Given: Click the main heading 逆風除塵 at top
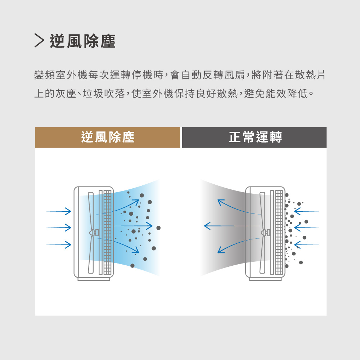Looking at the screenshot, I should pos(82,41).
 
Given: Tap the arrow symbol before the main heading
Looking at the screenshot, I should pos(39,41).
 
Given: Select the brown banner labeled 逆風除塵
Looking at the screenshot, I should pos(108,137).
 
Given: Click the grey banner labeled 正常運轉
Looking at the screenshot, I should pos(255,137).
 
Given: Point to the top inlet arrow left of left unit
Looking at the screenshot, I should pos(59,211).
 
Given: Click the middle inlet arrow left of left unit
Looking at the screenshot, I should pos(59,228).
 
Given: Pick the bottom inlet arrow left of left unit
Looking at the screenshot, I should pos(59,245).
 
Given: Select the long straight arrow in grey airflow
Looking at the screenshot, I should pos(230,226).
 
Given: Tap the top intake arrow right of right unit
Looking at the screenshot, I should pos(306,211).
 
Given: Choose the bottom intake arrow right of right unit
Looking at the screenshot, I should pos(306,245).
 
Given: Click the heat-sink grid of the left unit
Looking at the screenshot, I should pos(107,232).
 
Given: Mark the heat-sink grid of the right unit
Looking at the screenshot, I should pos(279,232).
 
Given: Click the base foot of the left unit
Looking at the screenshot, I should pos(94,279).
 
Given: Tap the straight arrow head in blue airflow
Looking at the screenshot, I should pos(149,226).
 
